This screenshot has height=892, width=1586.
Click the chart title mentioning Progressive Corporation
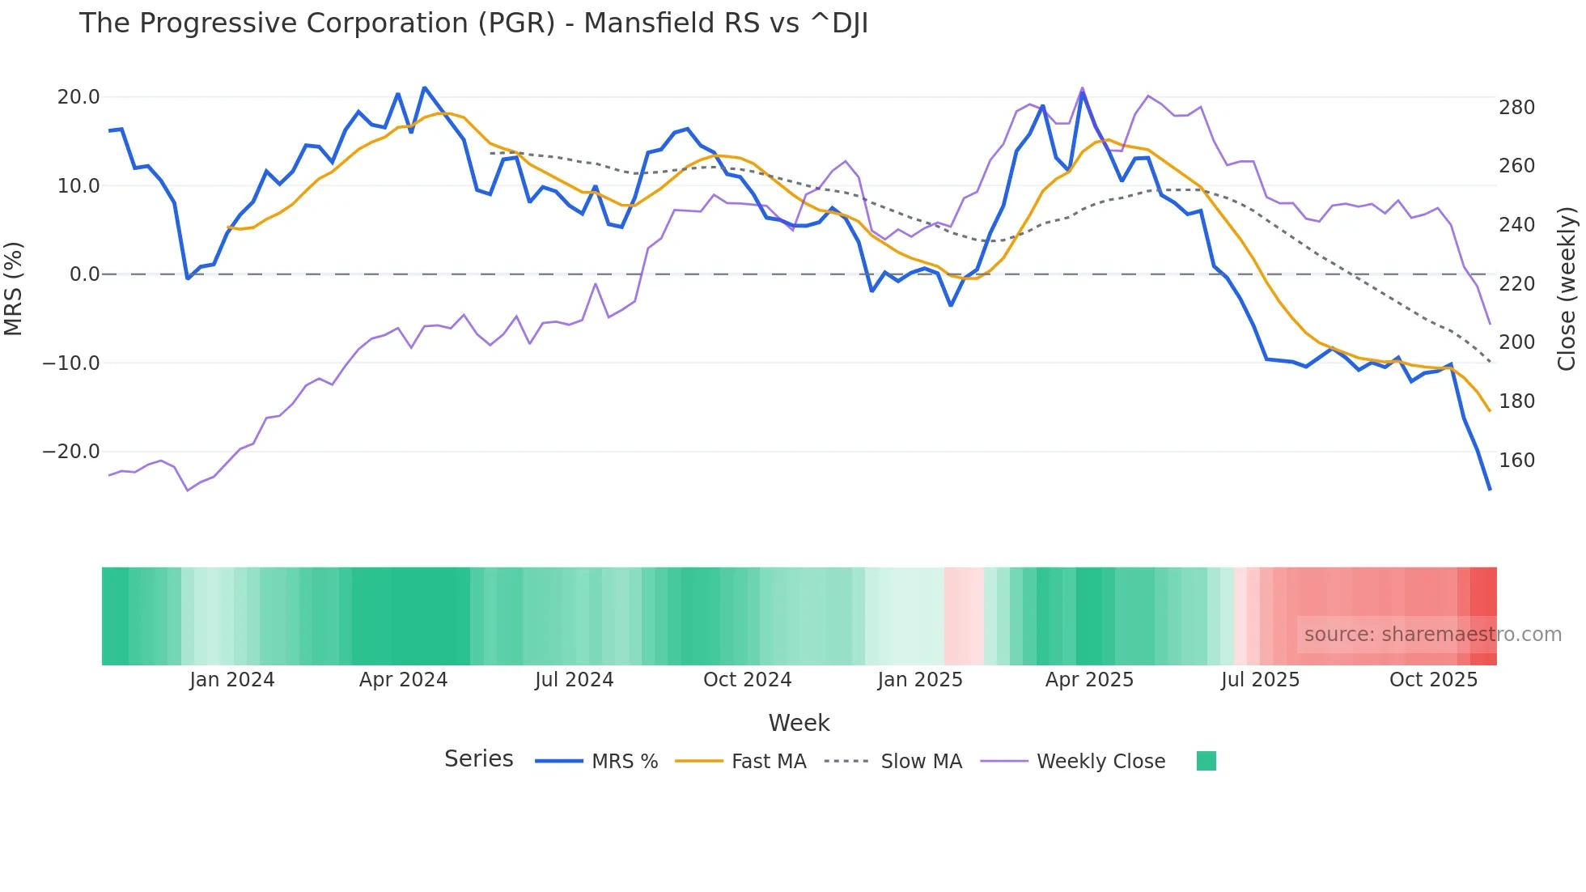(473, 23)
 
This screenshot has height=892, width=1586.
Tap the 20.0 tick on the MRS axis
(78, 97)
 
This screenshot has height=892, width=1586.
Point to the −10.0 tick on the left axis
(71, 363)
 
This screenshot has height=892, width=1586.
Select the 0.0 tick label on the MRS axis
(84, 274)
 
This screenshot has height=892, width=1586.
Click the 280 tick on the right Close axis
(1516, 108)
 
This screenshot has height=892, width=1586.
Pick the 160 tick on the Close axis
(1516, 461)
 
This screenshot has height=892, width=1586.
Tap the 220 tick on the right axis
(1516, 284)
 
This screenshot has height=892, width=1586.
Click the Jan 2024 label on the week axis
(232, 680)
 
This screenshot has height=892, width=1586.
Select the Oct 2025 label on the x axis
(1433, 680)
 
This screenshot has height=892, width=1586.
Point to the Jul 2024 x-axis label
(574, 680)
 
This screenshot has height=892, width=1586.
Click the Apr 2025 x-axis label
(1089, 680)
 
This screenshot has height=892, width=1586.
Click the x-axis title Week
(799, 723)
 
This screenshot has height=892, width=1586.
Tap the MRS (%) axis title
(14, 288)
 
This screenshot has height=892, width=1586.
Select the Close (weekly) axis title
(1567, 288)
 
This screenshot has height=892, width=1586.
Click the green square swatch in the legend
(1206, 761)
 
